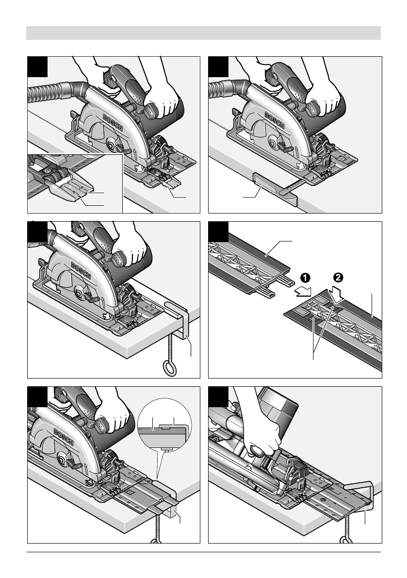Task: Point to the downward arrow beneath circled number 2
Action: pyautogui.click(x=337, y=294)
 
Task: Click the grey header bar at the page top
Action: pyautogui.click(x=203, y=33)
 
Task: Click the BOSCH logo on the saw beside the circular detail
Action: pyautogui.click(x=64, y=437)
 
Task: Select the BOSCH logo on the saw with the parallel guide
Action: pyautogui.click(x=275, y=120)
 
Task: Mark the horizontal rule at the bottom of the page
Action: pyautogui.click(x=203, y=552)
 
